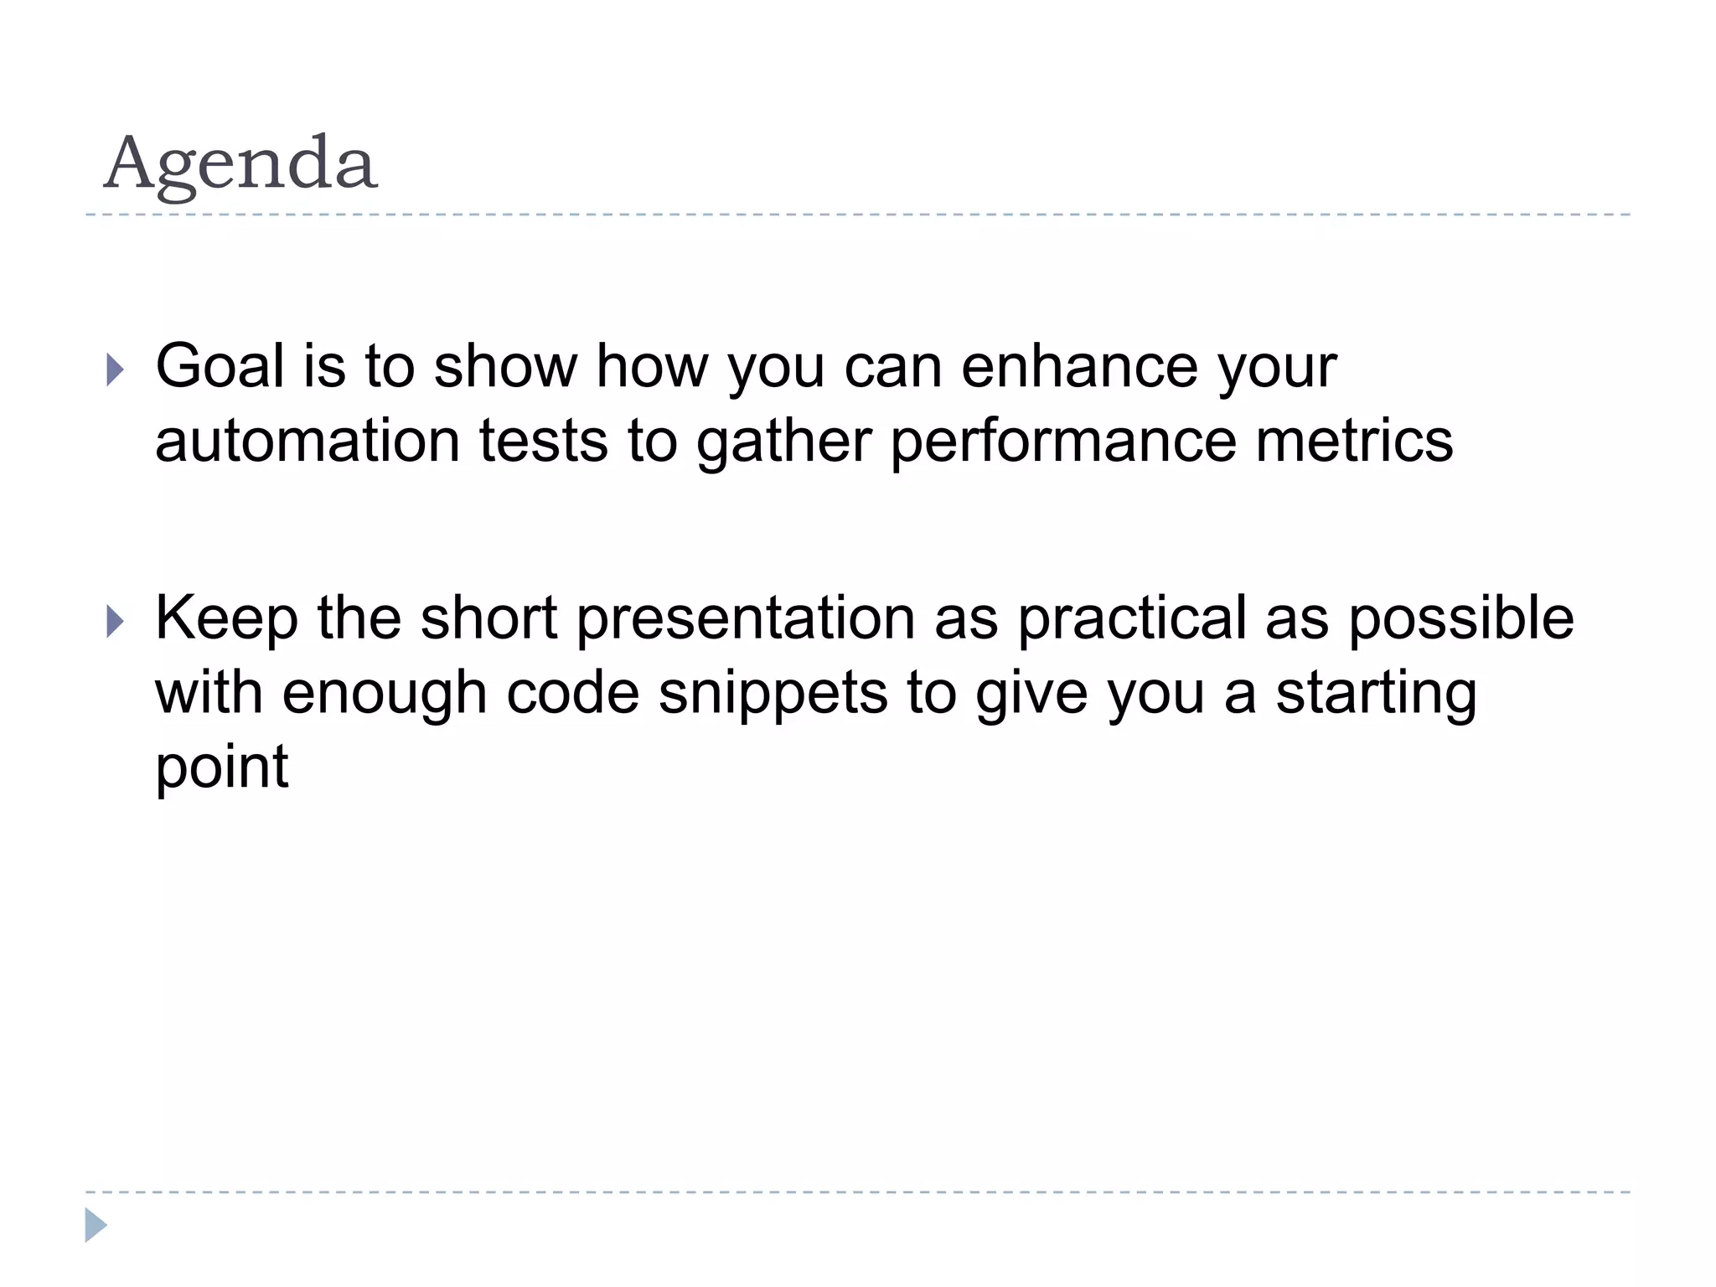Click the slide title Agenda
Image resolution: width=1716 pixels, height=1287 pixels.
pyautogui.click(x=240, y=163)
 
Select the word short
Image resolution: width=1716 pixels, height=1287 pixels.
pyautogui.click(x=488, y=618)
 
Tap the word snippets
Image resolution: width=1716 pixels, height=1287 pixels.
pyautogui.click(x=773, y=695)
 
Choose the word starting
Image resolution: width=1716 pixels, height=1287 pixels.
pyautogui.click(x=1376, y=695)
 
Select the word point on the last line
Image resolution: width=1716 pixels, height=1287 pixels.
pyautogui.click(x=222, y=768)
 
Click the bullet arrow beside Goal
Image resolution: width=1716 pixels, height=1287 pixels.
pyautogui.click(x=116, y=369)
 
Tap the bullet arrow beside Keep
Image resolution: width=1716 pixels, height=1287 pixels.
pyautogui.click(x=116, y=621)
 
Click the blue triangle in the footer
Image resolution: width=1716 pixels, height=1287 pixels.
pyautogui.click(x=96, y=1225)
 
